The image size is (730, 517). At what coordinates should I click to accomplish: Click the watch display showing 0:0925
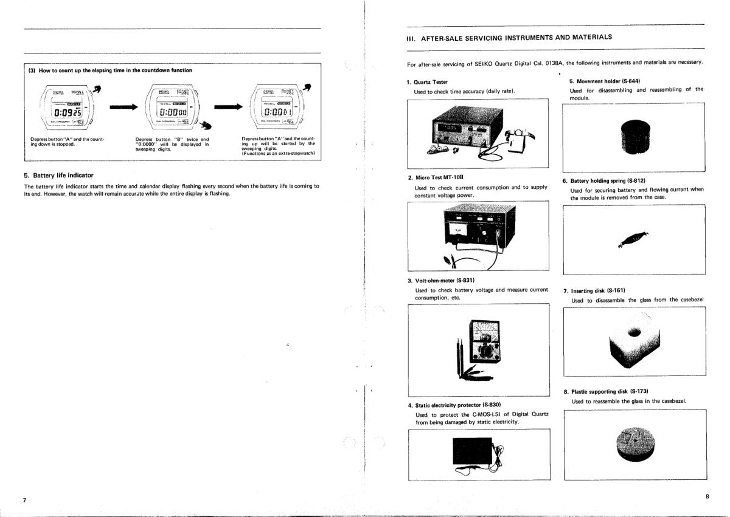[65, 112]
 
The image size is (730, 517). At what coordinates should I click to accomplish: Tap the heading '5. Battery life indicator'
[58, 175]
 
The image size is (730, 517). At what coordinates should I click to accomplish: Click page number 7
[24, 500]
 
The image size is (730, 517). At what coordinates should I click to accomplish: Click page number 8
[707, 496]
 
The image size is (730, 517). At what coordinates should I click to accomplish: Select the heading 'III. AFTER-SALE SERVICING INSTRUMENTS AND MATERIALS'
[509, 37]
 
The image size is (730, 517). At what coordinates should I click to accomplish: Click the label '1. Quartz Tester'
[427, 81]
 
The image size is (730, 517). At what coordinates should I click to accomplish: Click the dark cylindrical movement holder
[633, 136]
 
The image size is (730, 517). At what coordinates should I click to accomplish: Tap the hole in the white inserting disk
[634, 332]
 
